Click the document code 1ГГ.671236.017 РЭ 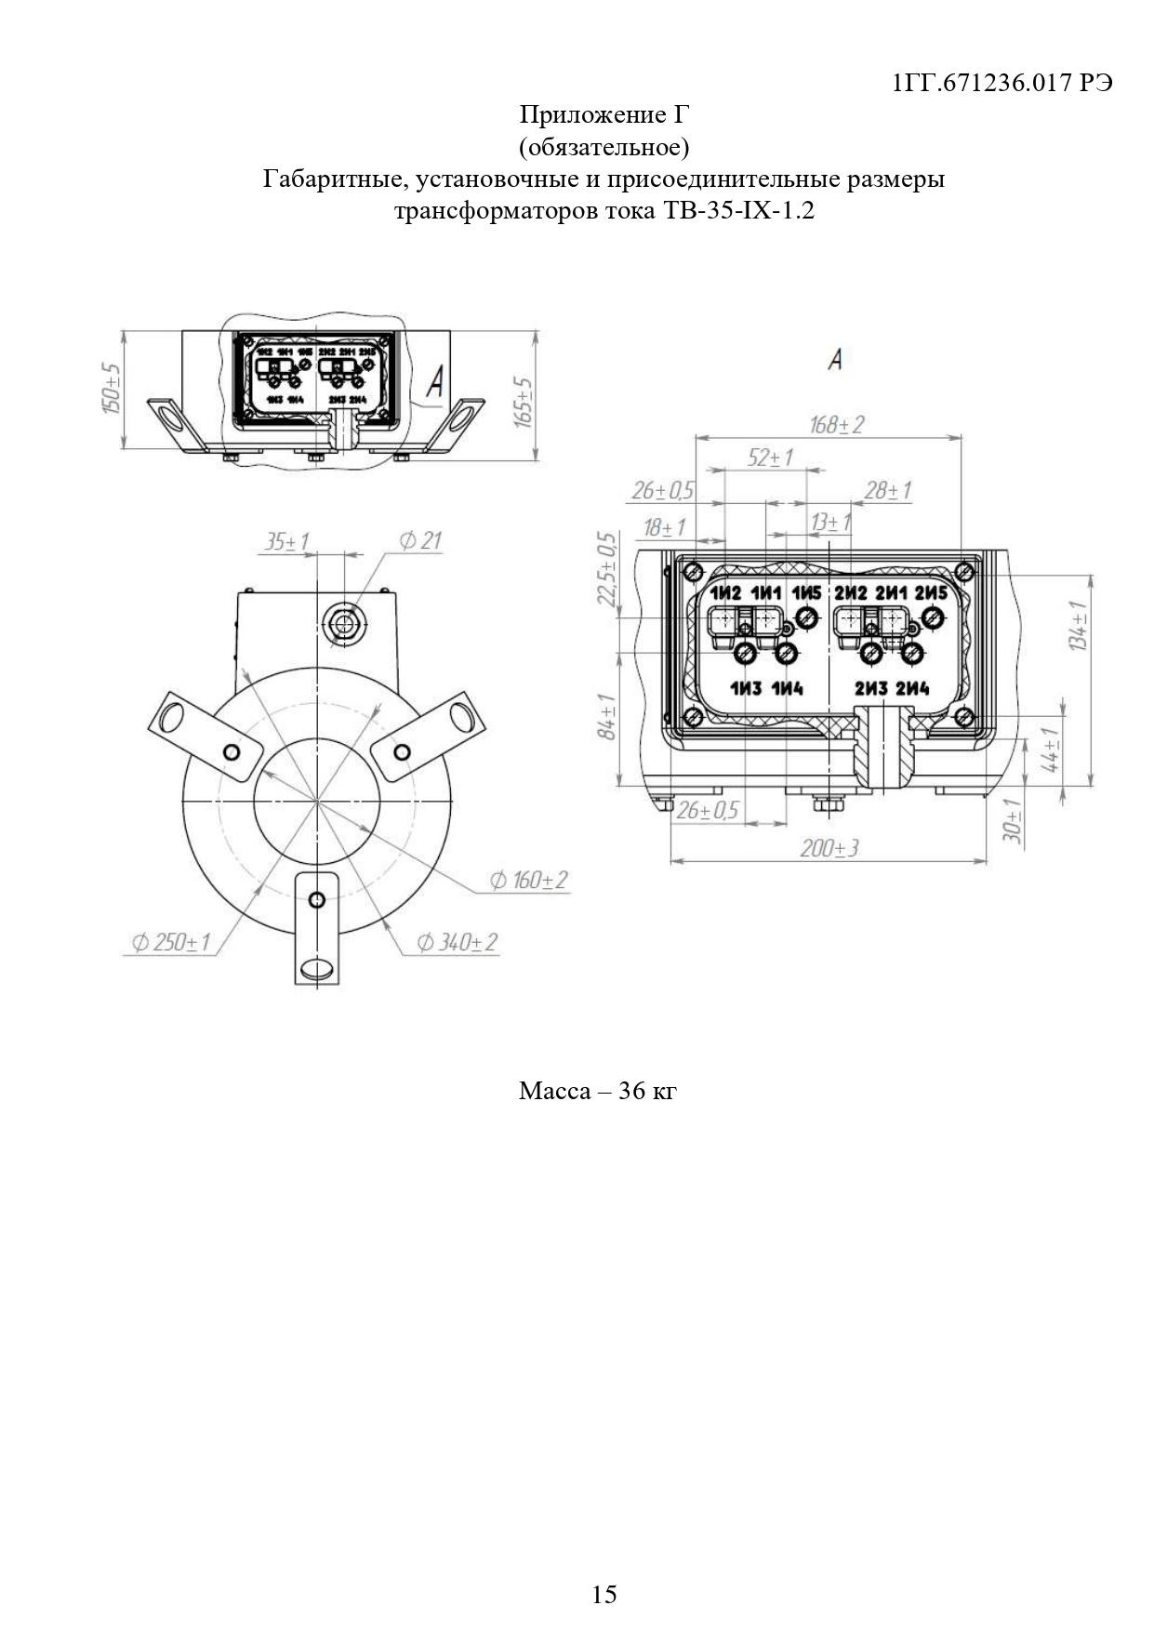1001,84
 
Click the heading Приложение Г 604,115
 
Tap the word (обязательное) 604,147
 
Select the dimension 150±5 113,389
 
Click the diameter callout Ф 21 420,540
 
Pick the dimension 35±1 287,541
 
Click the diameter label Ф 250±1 171,942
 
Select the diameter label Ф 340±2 457,942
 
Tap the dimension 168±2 836,425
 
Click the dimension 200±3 829,848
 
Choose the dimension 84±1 606,717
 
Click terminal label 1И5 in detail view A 806,593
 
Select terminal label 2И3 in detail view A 871,689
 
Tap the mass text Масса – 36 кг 597,1091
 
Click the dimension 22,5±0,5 606,568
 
